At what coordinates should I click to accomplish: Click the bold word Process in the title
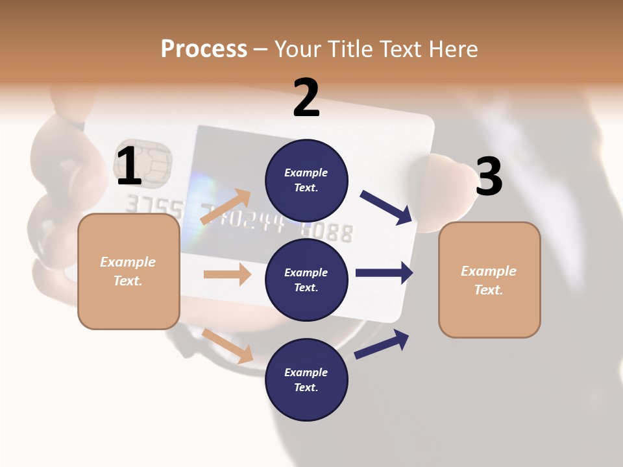click(204, 49)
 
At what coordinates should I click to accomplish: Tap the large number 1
click(129, 166)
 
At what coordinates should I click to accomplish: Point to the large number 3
click(489, 176)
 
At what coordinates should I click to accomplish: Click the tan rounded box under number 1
click(128, 271)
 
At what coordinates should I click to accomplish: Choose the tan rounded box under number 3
click(489, 280)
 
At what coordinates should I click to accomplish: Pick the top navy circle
click(306, 180)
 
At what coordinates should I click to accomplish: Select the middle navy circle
click(306, 280)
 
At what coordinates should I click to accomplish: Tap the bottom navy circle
click(306, 379)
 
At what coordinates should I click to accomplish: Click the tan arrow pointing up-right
click(225, 207)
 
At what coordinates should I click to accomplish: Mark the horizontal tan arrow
click(227, 274)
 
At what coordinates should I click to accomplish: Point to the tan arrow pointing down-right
click(227, 346)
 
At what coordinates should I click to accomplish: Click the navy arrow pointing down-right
click(387, 208)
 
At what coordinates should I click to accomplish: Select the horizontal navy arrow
click(384, 272)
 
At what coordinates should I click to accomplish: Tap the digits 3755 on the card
click(147, 205)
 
